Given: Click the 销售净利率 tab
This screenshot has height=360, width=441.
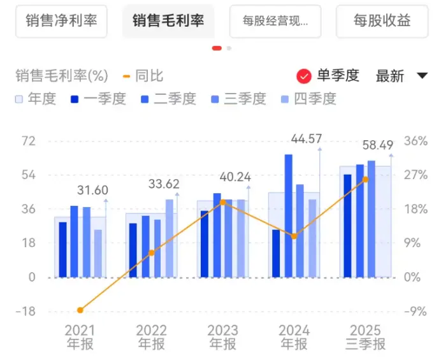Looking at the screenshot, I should [x=61, y=21].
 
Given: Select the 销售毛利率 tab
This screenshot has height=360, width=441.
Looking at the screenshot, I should [x=168, y=21].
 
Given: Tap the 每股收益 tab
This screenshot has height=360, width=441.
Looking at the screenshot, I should [x=382, y=21].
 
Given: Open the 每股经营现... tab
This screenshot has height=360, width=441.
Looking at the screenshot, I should [x=275, y=21].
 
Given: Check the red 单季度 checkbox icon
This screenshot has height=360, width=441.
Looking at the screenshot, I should [x=304, y=76].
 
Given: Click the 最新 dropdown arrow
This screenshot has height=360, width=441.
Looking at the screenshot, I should [x=422, y=76].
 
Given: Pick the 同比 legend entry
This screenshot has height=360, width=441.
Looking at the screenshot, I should [x=143, y=76].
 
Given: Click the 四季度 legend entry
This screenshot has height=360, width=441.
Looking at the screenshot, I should [x=308, y=99].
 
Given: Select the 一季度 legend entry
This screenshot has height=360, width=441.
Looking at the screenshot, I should [x=98, y=99].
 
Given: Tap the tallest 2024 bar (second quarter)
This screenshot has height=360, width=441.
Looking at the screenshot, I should [x=289, y=215].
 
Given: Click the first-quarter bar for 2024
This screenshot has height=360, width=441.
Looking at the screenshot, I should [x=276, y=253].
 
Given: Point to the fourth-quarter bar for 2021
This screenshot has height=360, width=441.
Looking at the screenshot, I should [x=98, y=253].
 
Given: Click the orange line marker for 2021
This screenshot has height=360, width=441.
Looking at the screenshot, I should [x=80, y=310].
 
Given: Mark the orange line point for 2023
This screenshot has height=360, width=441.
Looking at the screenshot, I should [x=223, y=202].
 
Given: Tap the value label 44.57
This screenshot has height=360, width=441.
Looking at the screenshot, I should [x=307, y=139].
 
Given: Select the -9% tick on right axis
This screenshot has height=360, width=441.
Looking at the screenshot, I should [x=416, y=312].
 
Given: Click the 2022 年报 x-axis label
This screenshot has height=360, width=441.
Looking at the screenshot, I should [x=152, y=337].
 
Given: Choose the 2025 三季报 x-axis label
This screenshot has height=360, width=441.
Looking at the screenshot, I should [x=366, y=337].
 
